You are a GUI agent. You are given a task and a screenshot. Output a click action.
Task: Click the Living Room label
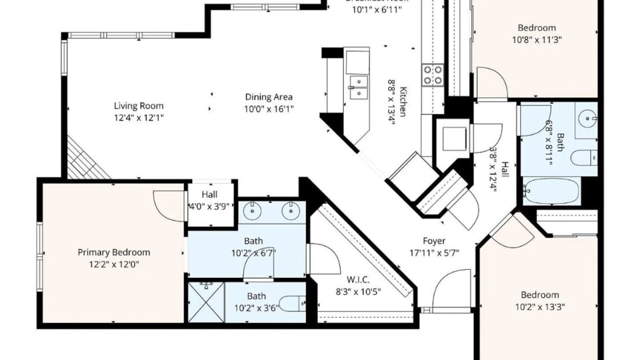[x=138, y=106]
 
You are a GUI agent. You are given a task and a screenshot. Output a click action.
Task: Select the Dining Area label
[x=269, y=97]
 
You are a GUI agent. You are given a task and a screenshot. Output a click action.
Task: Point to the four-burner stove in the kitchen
[x=433, y=74]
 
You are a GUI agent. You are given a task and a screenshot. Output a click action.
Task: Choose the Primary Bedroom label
[x=114, y=252]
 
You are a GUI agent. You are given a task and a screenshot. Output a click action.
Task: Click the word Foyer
[x=434, y=241]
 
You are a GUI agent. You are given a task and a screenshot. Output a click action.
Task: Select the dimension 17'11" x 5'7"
[x=434, y=252]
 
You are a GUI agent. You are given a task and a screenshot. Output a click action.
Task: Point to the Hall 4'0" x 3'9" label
[x=209, y=200]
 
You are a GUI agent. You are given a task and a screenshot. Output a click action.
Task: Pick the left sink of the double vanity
[x=252, y=210]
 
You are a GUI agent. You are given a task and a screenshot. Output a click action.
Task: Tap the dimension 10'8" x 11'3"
[x=536, y=39]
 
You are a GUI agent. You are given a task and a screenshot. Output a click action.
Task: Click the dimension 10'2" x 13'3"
[x=540, y=306]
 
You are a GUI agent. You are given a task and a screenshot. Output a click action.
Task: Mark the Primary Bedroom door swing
[x=169, y=205]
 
